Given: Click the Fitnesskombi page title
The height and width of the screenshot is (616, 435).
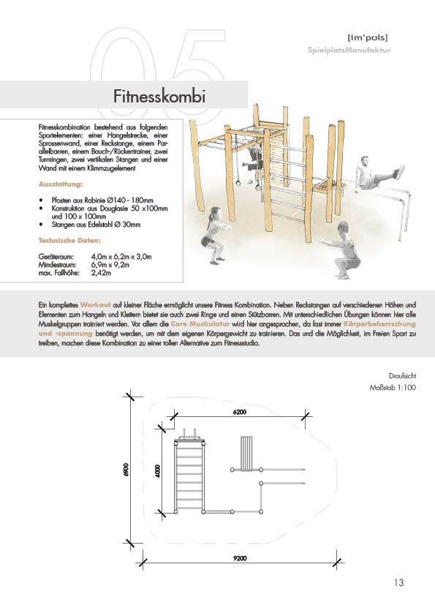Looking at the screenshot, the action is pyautogui.click(x=159, y=97).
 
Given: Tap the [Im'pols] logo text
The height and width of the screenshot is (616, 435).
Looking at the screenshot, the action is pyautogui.click(x=368, y=38).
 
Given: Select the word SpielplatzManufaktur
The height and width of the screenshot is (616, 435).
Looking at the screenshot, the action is pyautogui.click(x=349, y=50).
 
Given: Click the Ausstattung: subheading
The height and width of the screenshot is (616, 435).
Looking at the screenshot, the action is pyautogui.click(x=61, y=184).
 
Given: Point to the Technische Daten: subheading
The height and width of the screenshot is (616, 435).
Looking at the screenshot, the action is pyautogui.click(x=69, y=241).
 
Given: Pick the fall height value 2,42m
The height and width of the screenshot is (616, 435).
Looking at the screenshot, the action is pyautogui.click(x=102, y=273).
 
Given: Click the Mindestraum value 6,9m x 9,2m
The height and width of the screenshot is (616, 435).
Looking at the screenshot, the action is pyautogui.click(x=110, y=265).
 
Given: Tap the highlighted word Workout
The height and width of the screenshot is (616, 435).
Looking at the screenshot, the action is pyautogui.click(x=95, y=305).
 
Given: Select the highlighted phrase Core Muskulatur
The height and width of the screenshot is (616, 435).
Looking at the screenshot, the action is pyautogui.click(x=200, y=324).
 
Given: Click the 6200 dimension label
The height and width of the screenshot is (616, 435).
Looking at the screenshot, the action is pyautogui.click(x=240, y=412).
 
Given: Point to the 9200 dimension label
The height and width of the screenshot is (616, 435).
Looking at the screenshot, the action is pyautogui.click(x=240, y=558).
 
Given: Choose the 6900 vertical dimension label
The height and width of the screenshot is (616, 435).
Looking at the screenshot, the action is pyautogui.click(x=126, y=470).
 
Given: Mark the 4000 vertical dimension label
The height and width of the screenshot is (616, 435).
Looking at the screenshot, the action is pyautogui.click(x=158, y=470).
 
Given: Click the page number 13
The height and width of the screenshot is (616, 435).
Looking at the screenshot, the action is pyautogui.click(x=398, y=582).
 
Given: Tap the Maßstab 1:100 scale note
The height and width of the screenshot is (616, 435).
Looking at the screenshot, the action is pyautogui.click(x=392, y=387).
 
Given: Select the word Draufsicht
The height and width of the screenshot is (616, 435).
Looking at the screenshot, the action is pyautogui.click(x=402, y=375).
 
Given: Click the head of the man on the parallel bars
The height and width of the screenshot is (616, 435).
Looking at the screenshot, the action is pyautogui.click(x=365, y=160).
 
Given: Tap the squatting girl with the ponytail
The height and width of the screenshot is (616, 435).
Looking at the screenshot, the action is pyautogui.click(x=212, y=235).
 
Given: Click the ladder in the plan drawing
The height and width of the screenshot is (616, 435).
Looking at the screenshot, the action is pyautogui.click(x=189, y=477).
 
